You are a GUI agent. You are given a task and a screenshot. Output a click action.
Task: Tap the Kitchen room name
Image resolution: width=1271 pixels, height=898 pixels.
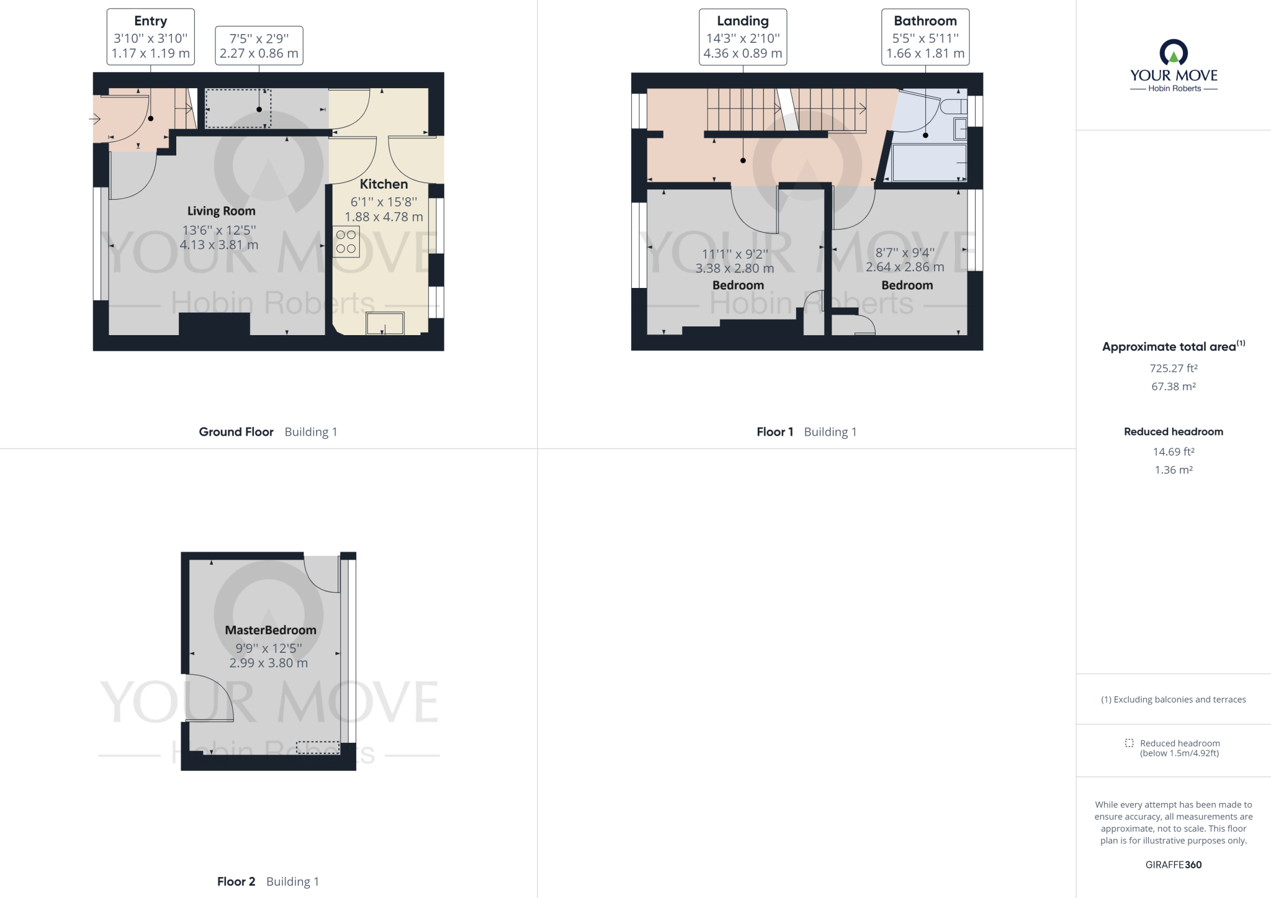[x=384, y=184]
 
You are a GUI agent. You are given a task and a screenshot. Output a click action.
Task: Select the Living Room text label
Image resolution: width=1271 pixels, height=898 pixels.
[x=222, y=211]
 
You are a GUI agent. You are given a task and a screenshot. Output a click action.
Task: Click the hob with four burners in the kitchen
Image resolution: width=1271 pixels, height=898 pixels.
[x=346, y=242]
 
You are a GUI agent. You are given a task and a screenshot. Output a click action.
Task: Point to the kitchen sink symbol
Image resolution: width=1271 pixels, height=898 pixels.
[x=385, y=323]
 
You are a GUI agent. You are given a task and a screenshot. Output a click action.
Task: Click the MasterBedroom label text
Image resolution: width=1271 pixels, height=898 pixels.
[x=271, y=630]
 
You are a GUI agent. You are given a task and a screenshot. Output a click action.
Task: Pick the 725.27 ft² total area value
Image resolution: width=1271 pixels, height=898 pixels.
[x=1173, y=368]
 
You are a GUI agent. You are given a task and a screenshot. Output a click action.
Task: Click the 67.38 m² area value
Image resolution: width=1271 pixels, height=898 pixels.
[x=1173, y=386]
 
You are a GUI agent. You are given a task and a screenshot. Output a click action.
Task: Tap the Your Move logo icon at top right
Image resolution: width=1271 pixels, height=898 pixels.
[x=1174, y=53]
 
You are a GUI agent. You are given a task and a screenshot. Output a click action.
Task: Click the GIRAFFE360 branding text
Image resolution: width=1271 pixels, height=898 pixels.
[x=1173, y=864]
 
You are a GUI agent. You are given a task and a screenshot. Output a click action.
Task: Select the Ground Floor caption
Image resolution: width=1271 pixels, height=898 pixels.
[x=236, y=432]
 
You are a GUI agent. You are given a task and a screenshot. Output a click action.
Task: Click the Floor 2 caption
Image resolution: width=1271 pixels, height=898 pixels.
[x=236, y=881]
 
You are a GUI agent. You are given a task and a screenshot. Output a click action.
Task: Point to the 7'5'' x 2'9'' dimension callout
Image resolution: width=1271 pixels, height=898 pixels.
[x=259, y=45]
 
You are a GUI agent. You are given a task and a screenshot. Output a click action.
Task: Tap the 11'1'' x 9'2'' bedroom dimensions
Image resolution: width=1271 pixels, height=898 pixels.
[x=735, y=261]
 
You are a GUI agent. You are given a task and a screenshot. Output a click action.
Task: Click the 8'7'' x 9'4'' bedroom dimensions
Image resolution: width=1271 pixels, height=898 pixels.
[x=905, y=260]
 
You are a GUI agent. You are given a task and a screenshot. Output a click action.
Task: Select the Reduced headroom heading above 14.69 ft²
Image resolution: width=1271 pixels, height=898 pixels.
[x=1173, y=431]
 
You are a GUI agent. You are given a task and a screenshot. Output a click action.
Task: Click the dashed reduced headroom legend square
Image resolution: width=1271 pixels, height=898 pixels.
[x=1129, y=743]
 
